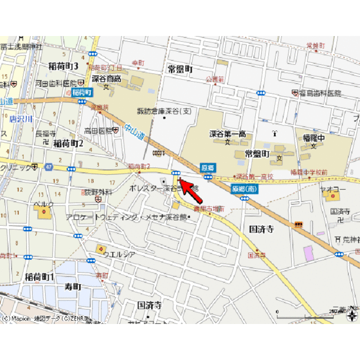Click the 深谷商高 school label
coord(106,78)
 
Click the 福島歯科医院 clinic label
coord(320,94)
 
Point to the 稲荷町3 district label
coord(63,66)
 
